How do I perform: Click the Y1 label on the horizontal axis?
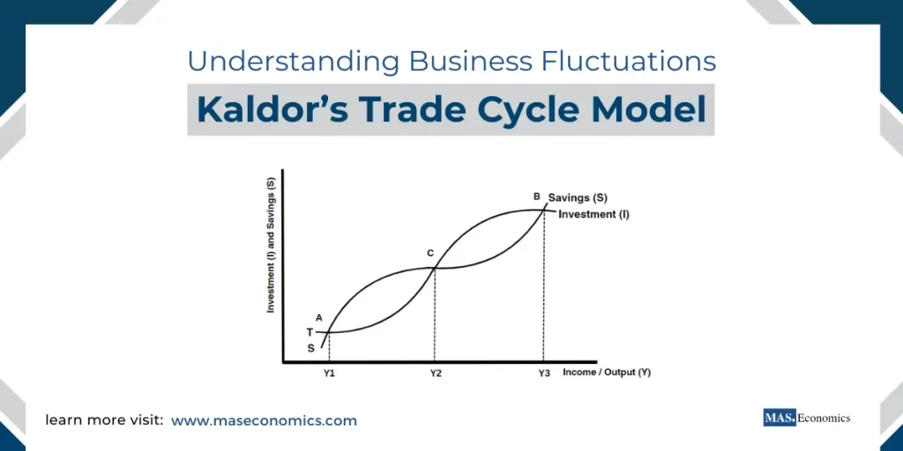click(328, 373)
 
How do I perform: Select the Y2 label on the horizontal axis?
click(436, 373)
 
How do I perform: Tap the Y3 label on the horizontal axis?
click(544, 373)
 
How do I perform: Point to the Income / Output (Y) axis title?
click(606, 373)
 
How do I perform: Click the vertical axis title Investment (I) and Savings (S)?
click(272, 246)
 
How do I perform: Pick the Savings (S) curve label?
click(578, 198)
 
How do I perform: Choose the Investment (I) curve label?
click(593, 214)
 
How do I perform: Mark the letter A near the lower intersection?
click(318, 318)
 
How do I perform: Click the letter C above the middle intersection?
click(430, 254)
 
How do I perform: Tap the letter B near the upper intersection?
click(536, 196)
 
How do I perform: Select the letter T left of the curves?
click(310, 332)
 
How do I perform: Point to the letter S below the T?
click(310, 348)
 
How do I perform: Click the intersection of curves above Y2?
click(435, 268)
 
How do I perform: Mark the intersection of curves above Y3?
click(544, 210)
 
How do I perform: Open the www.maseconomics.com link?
click(264, 421)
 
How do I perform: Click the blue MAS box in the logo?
click(779, 418)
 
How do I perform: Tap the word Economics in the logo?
click(824, 418)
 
